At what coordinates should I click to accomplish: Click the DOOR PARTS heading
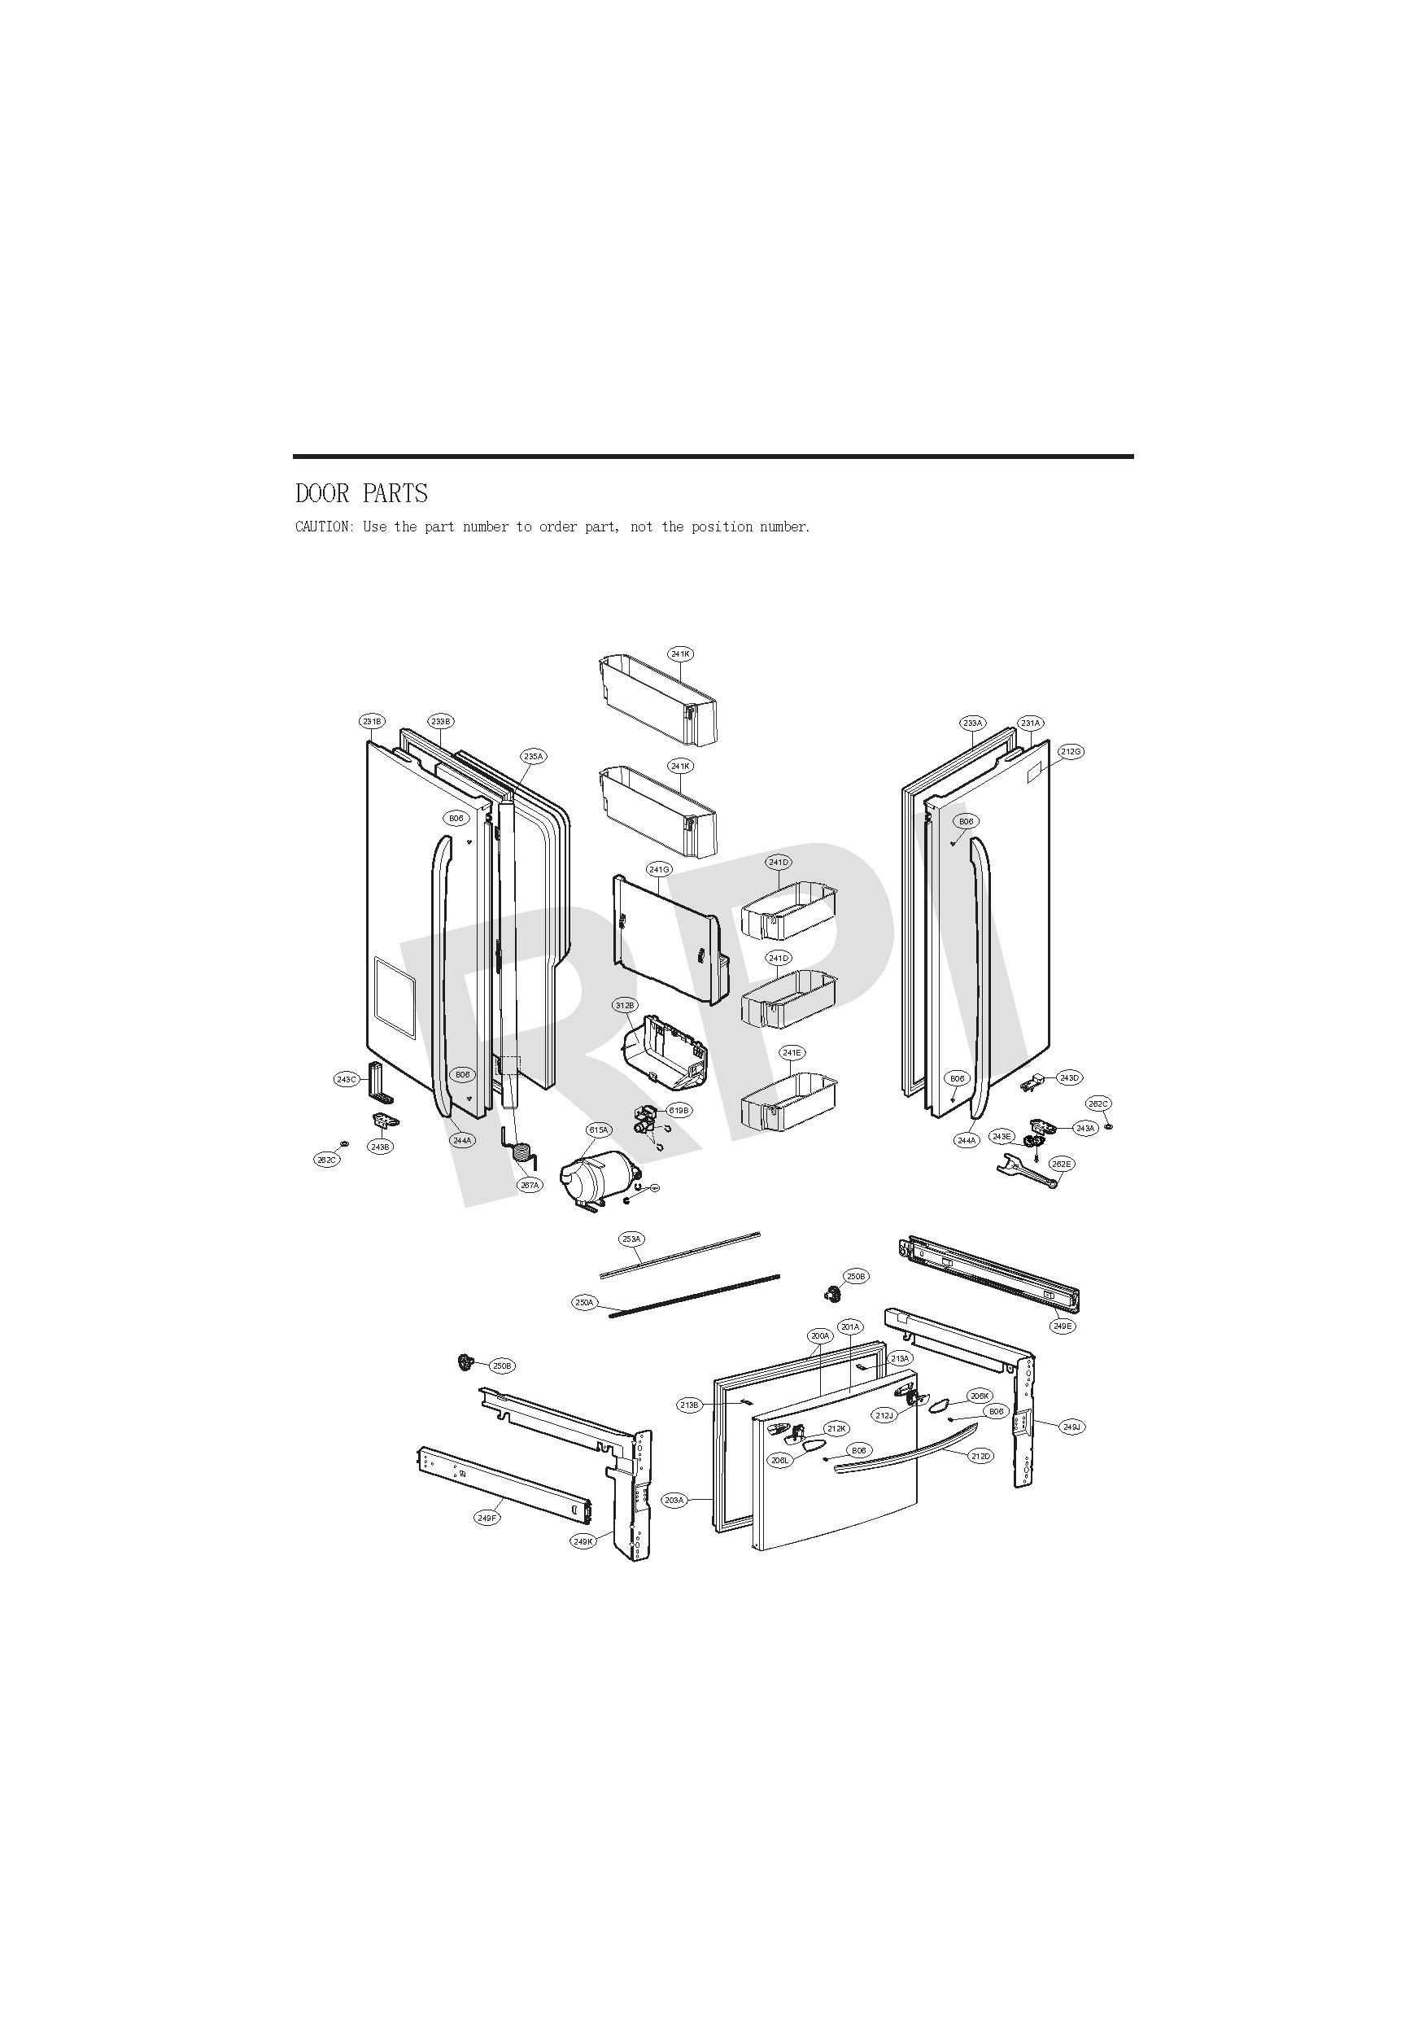(x=361, y=493)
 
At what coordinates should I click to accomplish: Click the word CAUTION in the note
(x=322, y=527)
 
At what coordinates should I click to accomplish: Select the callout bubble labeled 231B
(x=372, y=721)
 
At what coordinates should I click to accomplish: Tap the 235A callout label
(x=534, y=756)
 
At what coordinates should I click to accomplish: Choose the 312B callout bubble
(x=625, y=1005)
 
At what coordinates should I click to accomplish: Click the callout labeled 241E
(x=792, y=1052)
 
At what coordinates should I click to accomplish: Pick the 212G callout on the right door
(x=1071, y=752)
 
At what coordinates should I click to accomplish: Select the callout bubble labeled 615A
(x=598, y=1130)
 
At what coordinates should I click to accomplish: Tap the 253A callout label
(x=631, y=1239)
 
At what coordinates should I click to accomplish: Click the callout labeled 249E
(x=1063, y=1326)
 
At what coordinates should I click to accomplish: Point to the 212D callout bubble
(x=981, y=1456)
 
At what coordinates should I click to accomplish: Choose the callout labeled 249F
(x=487, y=1518)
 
